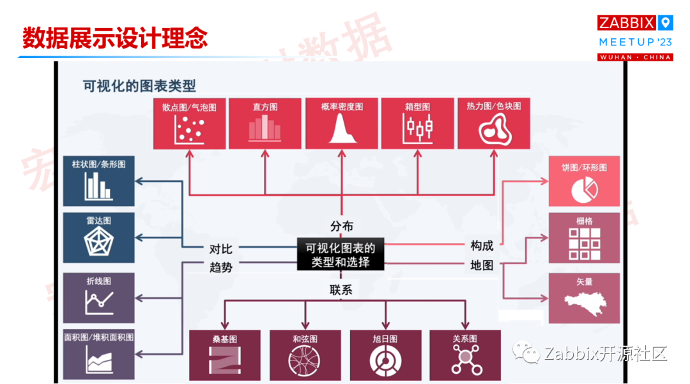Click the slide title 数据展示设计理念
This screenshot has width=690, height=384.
tap(115, 38)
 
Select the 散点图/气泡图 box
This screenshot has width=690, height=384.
tap(189, 124)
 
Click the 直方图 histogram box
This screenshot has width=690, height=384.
tap(264, 124)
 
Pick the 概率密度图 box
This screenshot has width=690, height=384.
tap(342, 124)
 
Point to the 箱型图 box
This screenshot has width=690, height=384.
tap(417, 124)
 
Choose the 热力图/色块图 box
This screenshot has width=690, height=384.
tap(494, 124)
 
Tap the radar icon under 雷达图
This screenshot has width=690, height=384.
tap(98, 242)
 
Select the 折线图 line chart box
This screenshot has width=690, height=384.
tap(98, 298)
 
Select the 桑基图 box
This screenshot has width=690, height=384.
tap(225, 355)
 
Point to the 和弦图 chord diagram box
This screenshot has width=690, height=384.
tap(305, 355)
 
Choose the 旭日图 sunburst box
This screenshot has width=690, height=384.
tap(385, 355)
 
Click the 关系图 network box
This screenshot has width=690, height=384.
tap(464, 355)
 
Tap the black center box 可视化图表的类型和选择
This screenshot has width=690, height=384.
tap(341, 254)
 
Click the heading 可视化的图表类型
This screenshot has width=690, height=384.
tap(139, 86)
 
